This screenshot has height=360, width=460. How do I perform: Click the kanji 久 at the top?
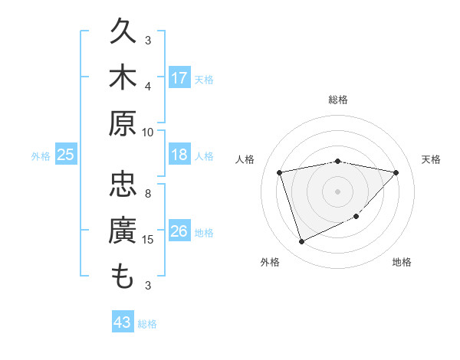pos(123,33)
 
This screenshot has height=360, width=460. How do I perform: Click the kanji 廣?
pos(123,231)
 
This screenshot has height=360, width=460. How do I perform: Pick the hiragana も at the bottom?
pos(123,276)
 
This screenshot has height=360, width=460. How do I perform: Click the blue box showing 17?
pos(179,78)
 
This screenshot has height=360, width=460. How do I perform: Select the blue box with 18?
pos(179,155)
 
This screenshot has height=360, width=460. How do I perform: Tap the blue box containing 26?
pos(179,231)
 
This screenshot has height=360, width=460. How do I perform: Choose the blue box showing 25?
pos(66,155)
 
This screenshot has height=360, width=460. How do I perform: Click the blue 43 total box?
pos(123,322)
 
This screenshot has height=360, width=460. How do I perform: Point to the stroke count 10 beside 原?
pos(148,132)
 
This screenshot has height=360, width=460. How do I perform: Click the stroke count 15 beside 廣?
pos(149,240)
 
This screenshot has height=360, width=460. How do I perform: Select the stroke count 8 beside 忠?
pos(148,194)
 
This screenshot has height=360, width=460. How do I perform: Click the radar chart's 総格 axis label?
pos(338,100)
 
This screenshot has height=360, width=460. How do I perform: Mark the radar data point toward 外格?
pos(301,242)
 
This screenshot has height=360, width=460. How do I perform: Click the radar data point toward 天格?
pos(396,172)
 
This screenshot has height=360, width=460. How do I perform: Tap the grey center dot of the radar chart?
pos(338,191)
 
